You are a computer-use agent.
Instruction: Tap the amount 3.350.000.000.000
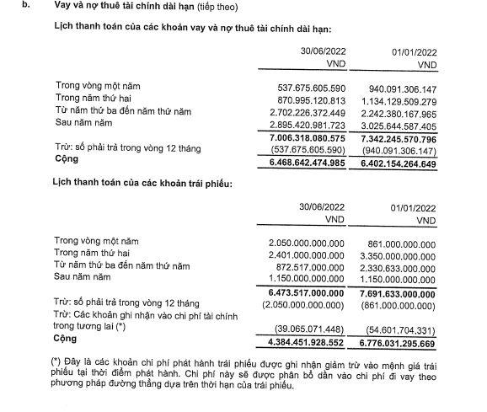tap(394, 256)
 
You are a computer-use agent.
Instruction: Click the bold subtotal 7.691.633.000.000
tap(393, 292)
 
